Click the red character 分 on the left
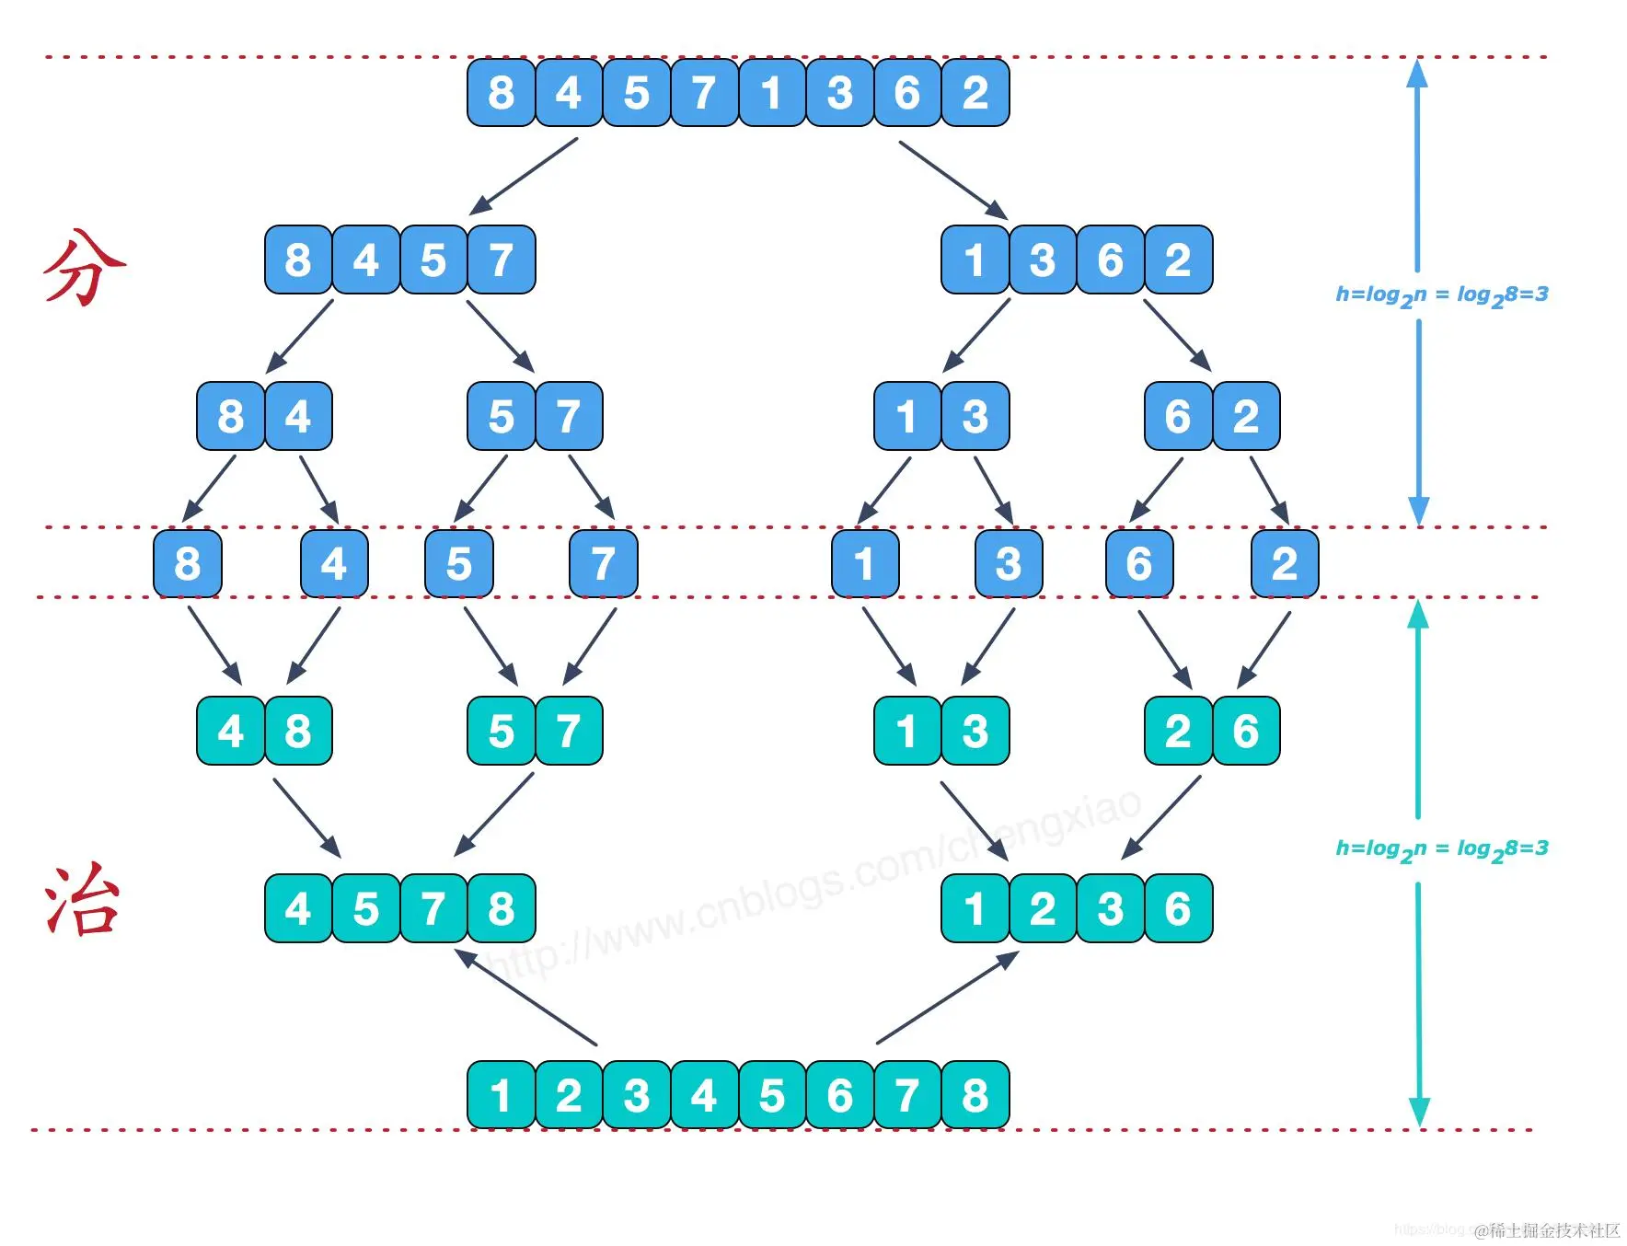[x=85, y=267]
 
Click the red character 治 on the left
[x=83, y=902]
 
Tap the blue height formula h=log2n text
[x=1441, y=295]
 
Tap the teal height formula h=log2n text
[x=1441, y=849]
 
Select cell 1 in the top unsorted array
[x=772, y=93]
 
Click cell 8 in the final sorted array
[x=975, y=1095]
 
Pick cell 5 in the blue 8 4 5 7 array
[x=433, y=260]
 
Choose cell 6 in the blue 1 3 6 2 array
[x=1111, y=260]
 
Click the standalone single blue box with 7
[x=603, y=563]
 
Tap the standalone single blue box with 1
[x=864, y=563]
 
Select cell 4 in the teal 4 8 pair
[x=230, y=732]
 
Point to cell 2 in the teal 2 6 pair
[x=1178, y=732]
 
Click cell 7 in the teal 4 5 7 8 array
[x=433, y=909]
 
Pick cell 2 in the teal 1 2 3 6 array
[x=1043, y=909]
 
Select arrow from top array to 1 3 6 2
[x=953, y=179]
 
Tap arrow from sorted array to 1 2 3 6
[x=948, y=998]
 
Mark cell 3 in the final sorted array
[x=637, y=1095]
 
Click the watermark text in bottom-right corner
[x=1546, y=1230]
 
